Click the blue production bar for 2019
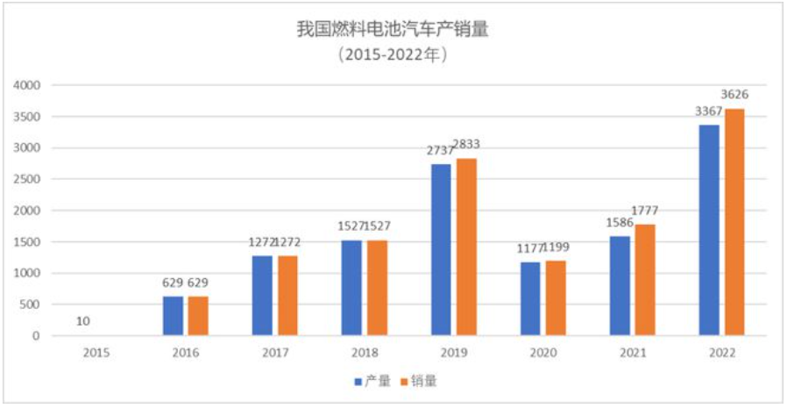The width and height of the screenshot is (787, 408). (441, 250)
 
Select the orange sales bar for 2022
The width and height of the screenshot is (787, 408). (734, 222)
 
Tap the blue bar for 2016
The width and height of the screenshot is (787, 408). (174, 316)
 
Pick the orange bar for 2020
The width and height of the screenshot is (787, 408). (555, 298)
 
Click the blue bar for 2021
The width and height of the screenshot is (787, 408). (620, 286)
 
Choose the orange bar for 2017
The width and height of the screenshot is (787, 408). (287, 296)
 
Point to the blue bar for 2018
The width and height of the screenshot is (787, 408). (351, 288)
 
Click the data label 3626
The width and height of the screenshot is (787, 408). (734, 94)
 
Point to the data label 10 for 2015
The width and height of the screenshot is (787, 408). (84, 321)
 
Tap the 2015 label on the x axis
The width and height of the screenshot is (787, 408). (96, 353)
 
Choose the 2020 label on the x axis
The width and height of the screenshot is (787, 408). (542, 353)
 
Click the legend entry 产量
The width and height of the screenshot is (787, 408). (373, 382)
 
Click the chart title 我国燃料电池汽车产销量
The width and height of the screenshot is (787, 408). (393, 29)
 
